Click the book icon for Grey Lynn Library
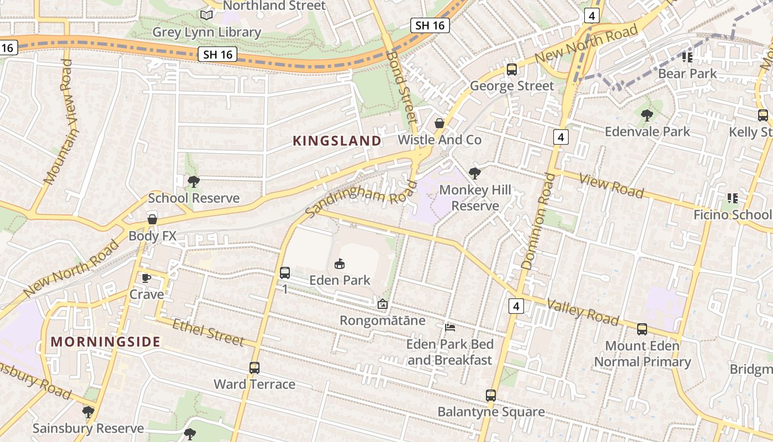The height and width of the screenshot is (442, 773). point(207,15)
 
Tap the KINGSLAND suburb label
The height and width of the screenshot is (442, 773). point(337,141)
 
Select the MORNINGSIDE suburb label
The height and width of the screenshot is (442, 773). point(105,341)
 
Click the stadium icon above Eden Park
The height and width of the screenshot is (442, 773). point(340,264)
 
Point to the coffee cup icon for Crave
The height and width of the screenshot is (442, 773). point(146,278)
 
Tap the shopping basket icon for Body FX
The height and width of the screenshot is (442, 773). point(152,219)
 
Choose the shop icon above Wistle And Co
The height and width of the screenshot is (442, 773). point(440,123)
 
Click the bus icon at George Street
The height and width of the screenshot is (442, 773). point(512,70)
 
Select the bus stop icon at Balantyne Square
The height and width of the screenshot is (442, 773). point(491,396)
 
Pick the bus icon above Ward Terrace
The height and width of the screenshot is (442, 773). point(255,367)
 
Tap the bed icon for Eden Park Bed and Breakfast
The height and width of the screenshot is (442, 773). point(450,328)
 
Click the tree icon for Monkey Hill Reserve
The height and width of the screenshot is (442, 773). point(474,173)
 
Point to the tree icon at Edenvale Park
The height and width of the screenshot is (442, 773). point(647,115)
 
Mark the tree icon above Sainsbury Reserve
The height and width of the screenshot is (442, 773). point(88,412)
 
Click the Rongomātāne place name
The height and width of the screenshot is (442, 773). point(382,320)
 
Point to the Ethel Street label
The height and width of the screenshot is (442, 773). point(208,331)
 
